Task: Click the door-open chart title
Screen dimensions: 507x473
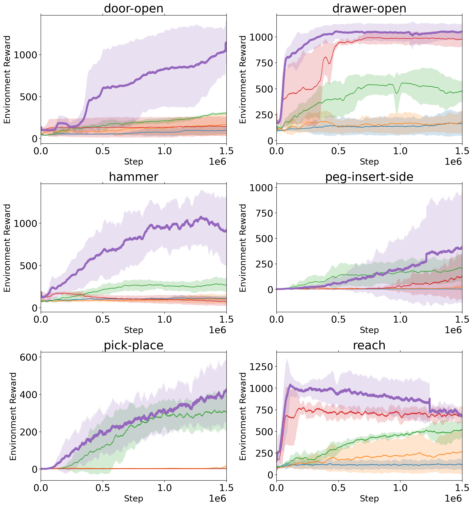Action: [x=133, y=8]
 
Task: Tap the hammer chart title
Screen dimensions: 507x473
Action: [x=133, y=177]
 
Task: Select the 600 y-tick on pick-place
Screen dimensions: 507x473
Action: [x=29, y=357]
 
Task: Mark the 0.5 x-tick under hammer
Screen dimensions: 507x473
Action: [x=103, y=319]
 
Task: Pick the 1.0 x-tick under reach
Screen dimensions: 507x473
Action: [x=400, y=488]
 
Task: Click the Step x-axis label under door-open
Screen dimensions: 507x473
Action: [x=133, y=162]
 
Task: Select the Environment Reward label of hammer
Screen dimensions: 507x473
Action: [x=7, y=248]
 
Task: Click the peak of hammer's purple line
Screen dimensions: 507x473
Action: [x=201, y=217]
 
